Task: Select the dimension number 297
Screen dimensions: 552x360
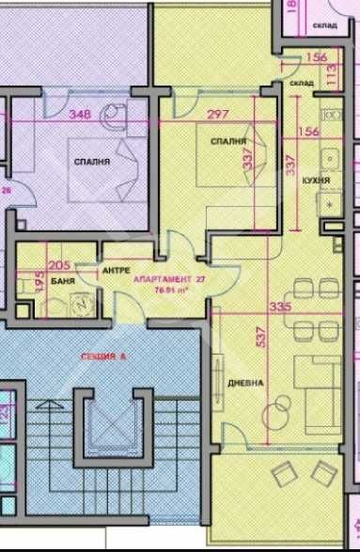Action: [x=217, y=115]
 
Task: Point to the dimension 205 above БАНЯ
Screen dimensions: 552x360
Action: [x=59, y=266]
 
